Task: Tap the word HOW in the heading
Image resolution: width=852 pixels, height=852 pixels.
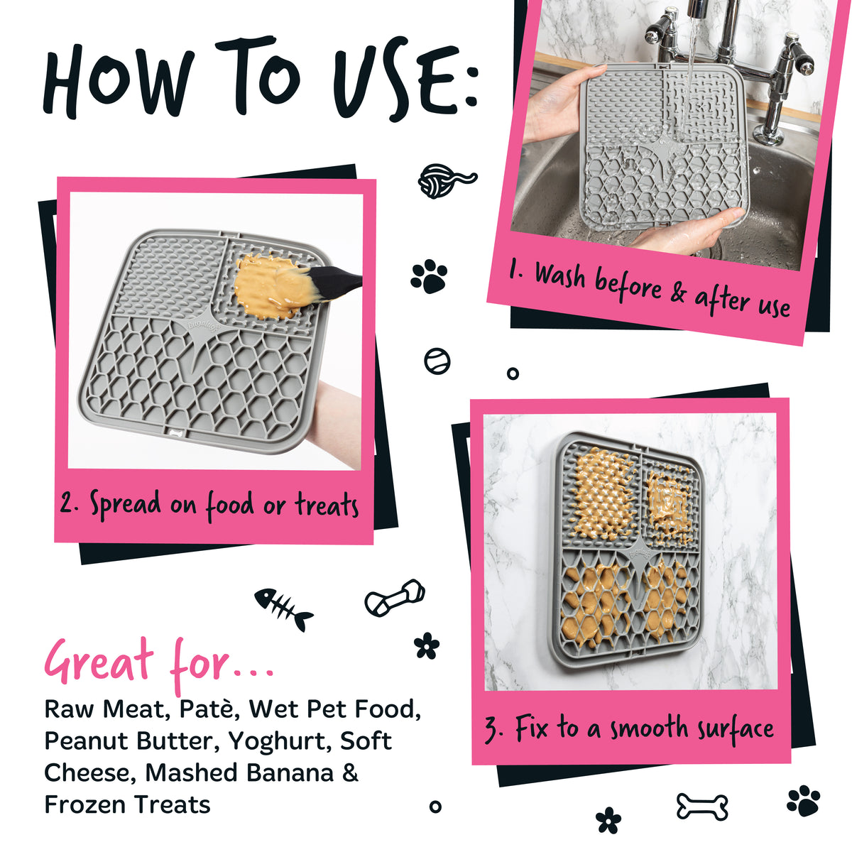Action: [119, 81]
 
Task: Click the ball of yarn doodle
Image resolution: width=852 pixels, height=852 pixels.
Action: [447, 180]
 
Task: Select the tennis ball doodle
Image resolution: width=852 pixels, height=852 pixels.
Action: [437, 361]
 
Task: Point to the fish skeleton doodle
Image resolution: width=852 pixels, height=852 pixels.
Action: [283, 608]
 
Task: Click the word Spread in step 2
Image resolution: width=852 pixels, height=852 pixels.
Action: [125, 506]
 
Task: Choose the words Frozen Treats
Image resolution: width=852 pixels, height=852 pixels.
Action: [127, 804]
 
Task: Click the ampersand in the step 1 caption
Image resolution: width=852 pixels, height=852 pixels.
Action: [677, 293]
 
